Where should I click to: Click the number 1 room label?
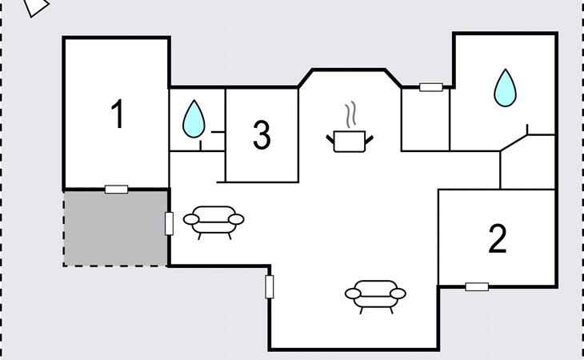click(x=118, y=114)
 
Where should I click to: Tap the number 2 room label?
click(x=498, y=238)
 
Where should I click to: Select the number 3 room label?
click(x=262, y=135)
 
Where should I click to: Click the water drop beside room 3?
click(x=194, y=118)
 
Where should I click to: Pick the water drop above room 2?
click(x=505, y=88)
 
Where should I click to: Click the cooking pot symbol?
click(x=350, y=141)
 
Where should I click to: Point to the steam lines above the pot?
click(x=350, y=114)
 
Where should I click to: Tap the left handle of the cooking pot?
click(x=330, y=140)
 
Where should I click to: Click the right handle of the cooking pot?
click(x=369, y=140)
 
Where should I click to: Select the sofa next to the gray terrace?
click(x=214, y=221)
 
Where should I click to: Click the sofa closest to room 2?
click(x=375, y=295)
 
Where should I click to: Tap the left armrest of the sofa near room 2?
click(x=353, y=294)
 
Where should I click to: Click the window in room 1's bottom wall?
click(x=116, y=190)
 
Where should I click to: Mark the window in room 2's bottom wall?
click(x=477, y=286)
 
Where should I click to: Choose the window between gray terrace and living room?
click(x=169, y=224)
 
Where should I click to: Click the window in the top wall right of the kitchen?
click(x=431, y=87)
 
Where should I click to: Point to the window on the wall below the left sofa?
click(x=270, y=286)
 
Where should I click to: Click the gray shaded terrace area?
click(x=115, y=229)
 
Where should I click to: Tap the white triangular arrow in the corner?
click(x=36, y=6)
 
